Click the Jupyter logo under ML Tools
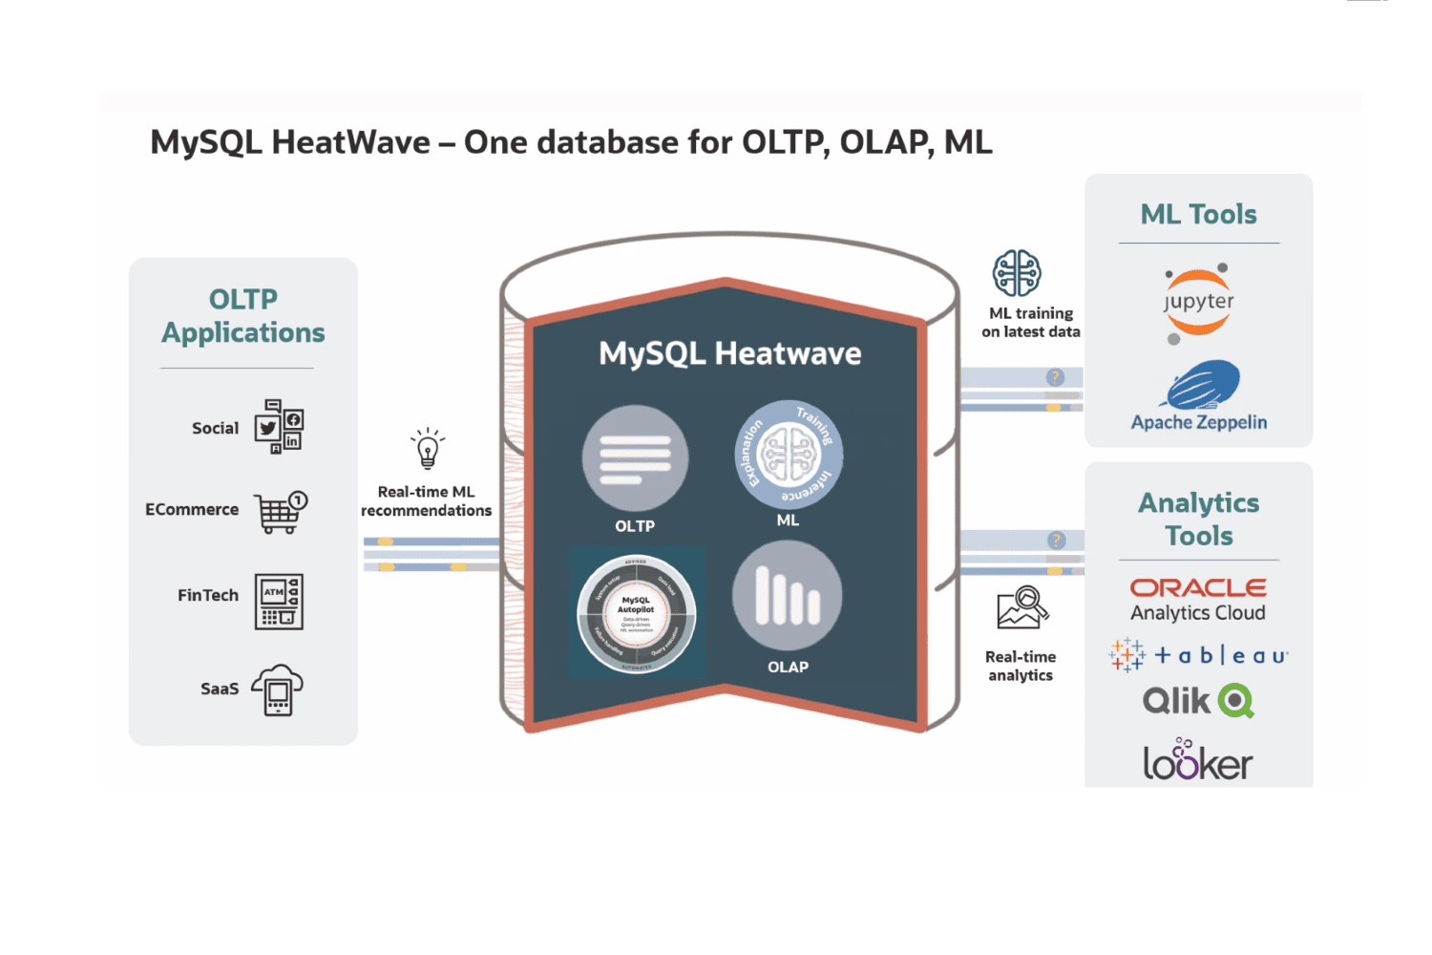coord(1198,303)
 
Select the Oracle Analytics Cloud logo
coord(1198,600)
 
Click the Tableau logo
coord(1198,655)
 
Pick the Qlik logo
coord(1198,701)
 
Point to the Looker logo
coord(1197,761)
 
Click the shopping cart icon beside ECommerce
coord(280,512)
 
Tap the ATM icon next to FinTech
coord(279,602)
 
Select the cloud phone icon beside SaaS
coord(277,690)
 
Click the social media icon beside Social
coord(279,426)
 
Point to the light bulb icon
coord(428,448)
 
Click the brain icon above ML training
coord(1017,273)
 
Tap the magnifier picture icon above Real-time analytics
coord(1022,608)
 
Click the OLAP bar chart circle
coord(788,596)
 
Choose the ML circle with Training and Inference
coord(789,454)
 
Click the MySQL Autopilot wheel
coord(636,612)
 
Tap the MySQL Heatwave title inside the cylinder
coord(729,353)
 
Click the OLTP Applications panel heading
coord(242,316)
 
